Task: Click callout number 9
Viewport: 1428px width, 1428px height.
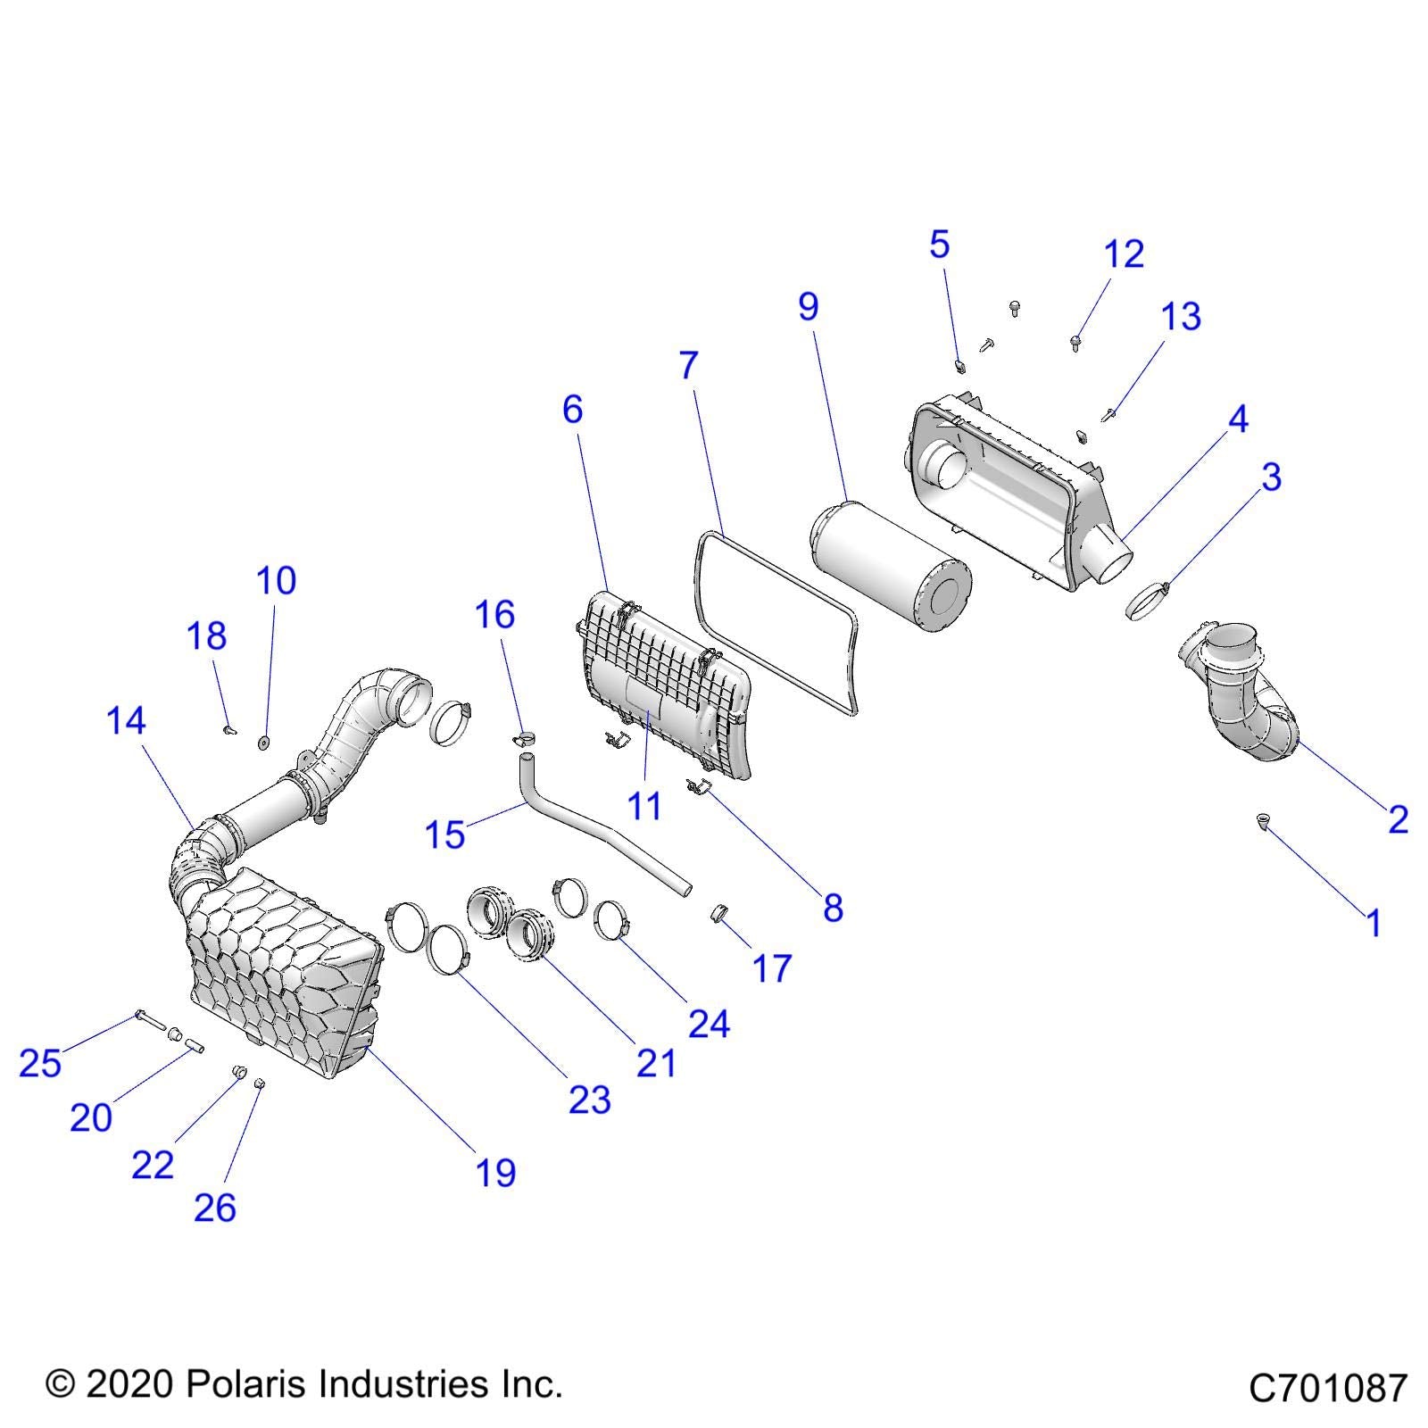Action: coord(808,307)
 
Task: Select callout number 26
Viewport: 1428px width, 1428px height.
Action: coord(215,1208)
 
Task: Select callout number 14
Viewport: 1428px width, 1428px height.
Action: coord(126,720)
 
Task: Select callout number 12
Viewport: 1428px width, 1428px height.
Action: coord(1124,254)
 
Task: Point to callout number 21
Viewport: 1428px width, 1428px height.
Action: coord(656,1062)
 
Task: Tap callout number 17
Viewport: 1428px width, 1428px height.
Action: coord(772,967)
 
